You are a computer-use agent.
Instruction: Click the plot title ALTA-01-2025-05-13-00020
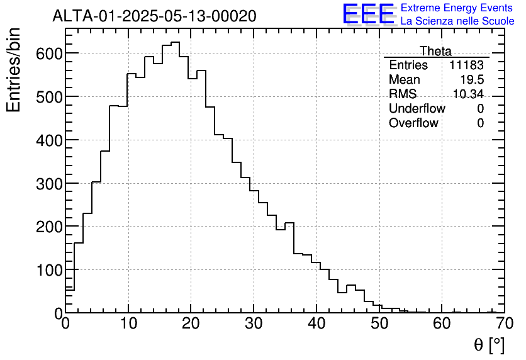pos(154,16)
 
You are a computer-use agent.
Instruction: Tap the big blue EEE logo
pos(369,14)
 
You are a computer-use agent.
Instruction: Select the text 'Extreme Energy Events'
pos(457,8)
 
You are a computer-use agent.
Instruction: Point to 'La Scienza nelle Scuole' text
pos(457,21)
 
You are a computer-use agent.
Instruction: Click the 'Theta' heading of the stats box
pos(435,51)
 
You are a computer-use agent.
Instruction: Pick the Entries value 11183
pos(466,65)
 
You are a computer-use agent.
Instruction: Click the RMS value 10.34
pos(468,94)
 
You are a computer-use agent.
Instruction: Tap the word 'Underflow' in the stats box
pos(417,109)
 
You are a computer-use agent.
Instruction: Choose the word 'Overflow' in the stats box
pos(413,123)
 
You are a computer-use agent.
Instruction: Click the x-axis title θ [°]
pos(488,345)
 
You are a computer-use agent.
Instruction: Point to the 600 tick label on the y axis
pos(48,53)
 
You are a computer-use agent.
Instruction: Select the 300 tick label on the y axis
pos(48,184)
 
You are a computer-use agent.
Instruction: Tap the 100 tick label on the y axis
pos(48,271)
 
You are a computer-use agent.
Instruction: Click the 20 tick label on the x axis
pos(191,323)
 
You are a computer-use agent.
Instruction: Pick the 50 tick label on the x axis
pos(379,323)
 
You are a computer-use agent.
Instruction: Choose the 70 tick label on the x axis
pos(504,323)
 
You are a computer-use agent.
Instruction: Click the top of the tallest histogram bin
pos(176,42)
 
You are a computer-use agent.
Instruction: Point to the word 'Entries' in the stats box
pos(408,65)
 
